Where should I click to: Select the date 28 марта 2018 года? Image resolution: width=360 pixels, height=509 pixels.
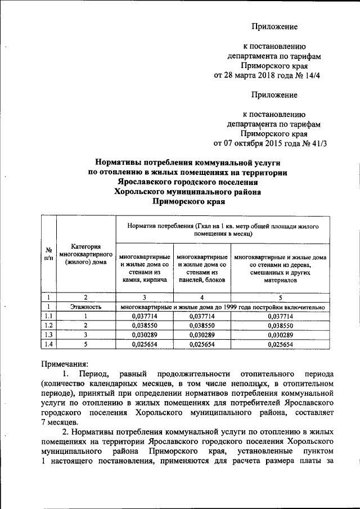255,75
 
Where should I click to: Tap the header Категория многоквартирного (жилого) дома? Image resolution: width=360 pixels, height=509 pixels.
86,254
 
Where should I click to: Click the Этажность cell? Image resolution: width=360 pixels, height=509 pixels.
85,307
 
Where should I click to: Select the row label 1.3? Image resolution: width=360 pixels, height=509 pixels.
49,335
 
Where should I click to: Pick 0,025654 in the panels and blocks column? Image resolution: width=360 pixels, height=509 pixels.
201,344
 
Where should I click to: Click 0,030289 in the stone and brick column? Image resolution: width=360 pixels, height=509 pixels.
143,335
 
